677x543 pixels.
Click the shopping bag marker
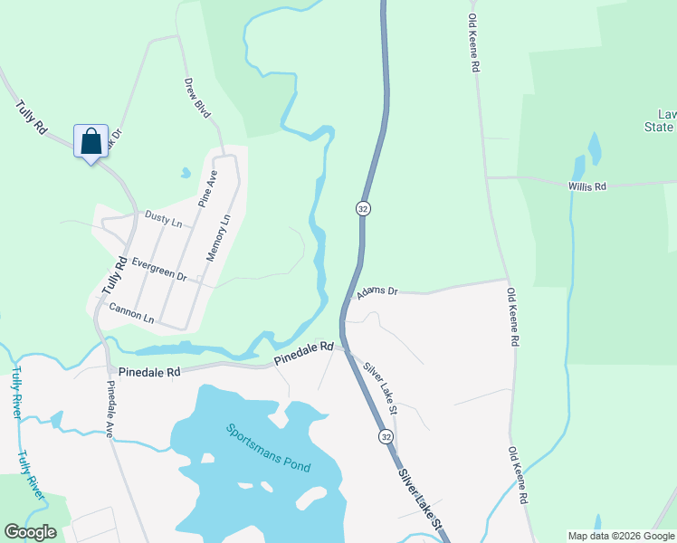coord(91,142)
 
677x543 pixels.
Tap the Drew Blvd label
coord(197,98)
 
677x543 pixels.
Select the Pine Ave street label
coord(208,191)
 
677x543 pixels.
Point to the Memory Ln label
coord(218,237)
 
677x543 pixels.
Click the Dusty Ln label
coord(163,219)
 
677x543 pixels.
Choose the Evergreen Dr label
coord(158,269)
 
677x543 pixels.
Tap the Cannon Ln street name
coord(131,313)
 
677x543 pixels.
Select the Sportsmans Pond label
coord(269,448)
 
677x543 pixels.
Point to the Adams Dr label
coord(377,291)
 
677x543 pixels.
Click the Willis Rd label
coord(586,186)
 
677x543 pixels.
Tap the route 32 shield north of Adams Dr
coord(363,208)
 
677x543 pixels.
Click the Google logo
coord(30,532)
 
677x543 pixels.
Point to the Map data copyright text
coord(620,536)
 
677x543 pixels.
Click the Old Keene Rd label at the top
coord(473,43)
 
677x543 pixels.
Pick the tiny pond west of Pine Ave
coord(186,173)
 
